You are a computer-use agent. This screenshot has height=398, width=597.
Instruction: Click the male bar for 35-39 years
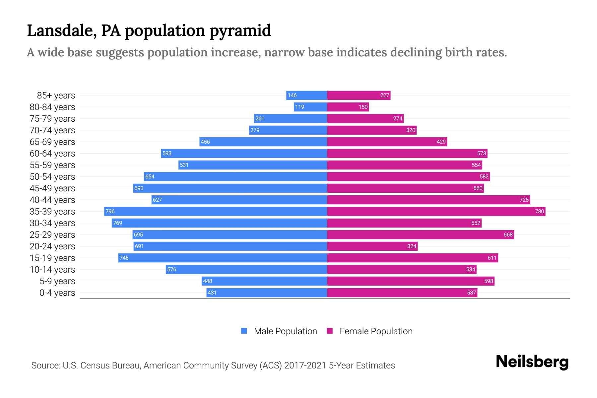tap(216, 211)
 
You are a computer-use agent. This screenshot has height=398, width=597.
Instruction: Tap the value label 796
tap(110, 211)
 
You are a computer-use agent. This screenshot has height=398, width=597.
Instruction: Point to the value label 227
tap(384, 95)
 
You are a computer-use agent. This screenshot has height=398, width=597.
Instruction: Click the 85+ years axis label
tap(56, 96)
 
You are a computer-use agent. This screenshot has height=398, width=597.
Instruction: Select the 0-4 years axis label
tap(57, 293)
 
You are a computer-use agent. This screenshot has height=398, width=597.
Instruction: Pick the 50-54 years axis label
tap(52, 177)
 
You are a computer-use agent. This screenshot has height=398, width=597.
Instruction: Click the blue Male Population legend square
tap(244, 331)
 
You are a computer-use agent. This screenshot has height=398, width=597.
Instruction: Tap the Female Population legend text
tap(376, 331)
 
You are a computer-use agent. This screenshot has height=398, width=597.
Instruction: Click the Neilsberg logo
tap(532, 362)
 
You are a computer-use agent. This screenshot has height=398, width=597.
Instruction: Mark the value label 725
tap(524, 200)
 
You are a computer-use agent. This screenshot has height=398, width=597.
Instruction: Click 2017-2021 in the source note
tap(305, 365)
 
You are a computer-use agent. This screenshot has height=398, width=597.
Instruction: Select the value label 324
tap(412, 246)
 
